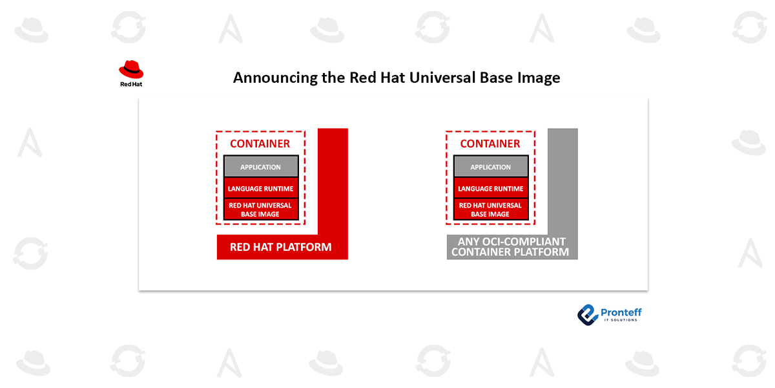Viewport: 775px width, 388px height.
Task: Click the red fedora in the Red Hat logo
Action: (x=131, y=69)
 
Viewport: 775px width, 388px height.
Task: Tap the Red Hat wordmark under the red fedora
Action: (x=131, y=84)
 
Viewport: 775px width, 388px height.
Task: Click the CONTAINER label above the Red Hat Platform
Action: (x=260, y=144)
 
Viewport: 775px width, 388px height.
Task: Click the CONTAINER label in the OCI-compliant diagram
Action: (x=490, y=144)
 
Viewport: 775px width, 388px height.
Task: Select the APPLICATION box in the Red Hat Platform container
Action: (x=261, y=167)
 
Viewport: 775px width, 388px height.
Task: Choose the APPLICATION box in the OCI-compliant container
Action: (x=491, y=167)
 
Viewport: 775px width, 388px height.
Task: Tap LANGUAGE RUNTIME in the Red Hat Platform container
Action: (x=261, y=188)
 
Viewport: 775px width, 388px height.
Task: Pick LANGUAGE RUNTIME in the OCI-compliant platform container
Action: (x=491, y=188)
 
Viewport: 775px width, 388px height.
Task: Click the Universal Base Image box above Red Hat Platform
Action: (x=261, y=210)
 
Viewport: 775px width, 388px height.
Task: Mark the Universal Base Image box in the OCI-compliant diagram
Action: (x=491, y=210)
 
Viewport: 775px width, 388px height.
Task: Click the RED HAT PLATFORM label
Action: (x=280, y=247)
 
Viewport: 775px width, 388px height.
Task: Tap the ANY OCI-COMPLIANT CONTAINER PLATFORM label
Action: (x=510, y=246)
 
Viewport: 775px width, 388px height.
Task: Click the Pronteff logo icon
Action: (x=588, y=315)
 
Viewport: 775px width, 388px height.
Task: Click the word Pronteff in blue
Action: (x=621, y=312)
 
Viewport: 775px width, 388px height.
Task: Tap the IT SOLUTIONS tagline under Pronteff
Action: (x=621, y=320)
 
